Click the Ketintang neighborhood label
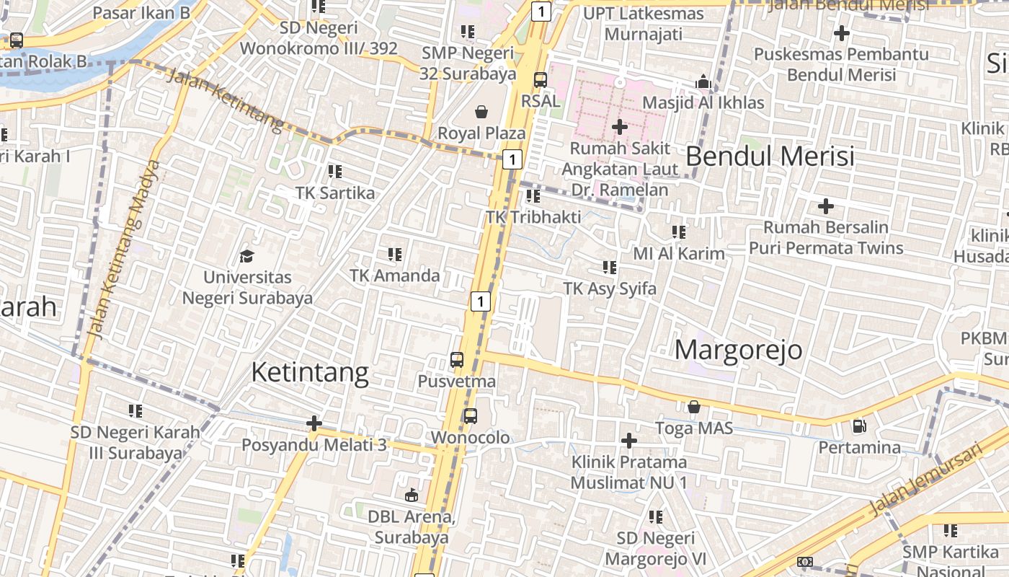(x=310, y=372)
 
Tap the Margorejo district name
(x=739, y=350)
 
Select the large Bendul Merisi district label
(x=770, y=156)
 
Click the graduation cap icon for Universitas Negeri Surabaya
(x=247, y=256)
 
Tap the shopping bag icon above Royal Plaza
(x=481, y=112)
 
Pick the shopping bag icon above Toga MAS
(x=693, y=408)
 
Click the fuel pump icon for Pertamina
(x=859, y=426)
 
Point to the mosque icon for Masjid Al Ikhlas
(x=703, y=82)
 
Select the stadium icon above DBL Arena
(x=411, y=495)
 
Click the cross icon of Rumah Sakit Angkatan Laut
(x=619, y=127)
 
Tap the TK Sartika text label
(x=335, y=193)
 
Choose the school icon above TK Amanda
(x=394, y=254)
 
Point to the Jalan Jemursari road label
(x=925, y=480)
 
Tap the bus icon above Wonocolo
(x=470, y=416)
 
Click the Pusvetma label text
(x=457, y=382)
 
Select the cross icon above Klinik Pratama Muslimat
(x=629, y=440)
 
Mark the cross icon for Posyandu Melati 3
(x=314, y=423)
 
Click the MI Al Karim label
(x=679, y=254)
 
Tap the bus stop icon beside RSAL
(x=541, y=80)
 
